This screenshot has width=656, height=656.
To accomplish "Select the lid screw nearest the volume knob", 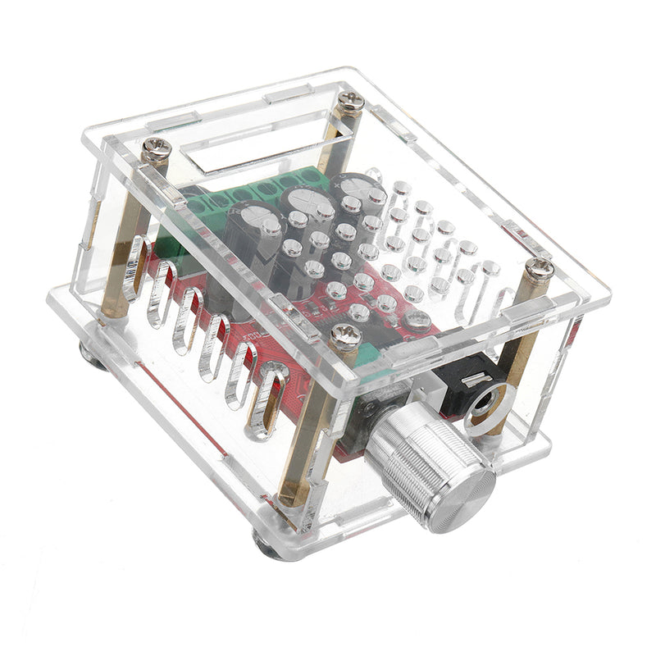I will point(344,335).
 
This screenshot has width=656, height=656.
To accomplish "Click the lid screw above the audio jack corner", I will point(538,268).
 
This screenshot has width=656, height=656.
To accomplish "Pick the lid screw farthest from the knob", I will point(351,102).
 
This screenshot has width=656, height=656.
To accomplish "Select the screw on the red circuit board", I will point(418,320).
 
